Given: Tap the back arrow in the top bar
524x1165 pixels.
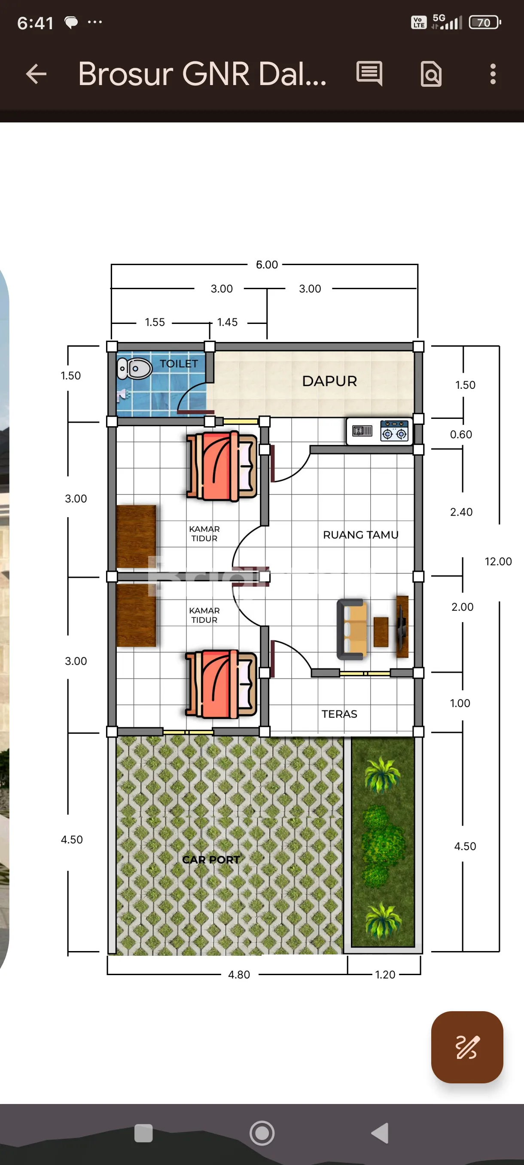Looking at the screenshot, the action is (36, 74).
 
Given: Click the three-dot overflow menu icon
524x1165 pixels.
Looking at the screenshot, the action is (493, 74).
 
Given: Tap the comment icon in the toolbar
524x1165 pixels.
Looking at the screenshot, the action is (369, 73).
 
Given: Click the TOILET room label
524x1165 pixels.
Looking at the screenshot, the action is (179, 363).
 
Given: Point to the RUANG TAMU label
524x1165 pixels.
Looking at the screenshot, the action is (361, 534).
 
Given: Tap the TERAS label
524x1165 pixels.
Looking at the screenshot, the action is (339, 714).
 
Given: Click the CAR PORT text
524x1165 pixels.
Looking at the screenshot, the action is (211, 859).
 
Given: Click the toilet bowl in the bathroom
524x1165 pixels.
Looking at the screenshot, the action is (135, 369).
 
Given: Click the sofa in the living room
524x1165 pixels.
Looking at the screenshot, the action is (352, 629).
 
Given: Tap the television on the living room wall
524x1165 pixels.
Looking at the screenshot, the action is (402, 626).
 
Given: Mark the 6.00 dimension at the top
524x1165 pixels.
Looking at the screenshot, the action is (267, 265).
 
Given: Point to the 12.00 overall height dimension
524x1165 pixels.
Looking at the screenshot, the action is (498, 561).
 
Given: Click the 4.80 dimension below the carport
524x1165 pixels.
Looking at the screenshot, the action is (239, 975).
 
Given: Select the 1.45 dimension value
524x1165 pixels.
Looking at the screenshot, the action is (227, 322).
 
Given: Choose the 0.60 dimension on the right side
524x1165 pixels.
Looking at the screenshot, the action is (461, 434).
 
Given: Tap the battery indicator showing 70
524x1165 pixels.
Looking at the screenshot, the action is (484, 22).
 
